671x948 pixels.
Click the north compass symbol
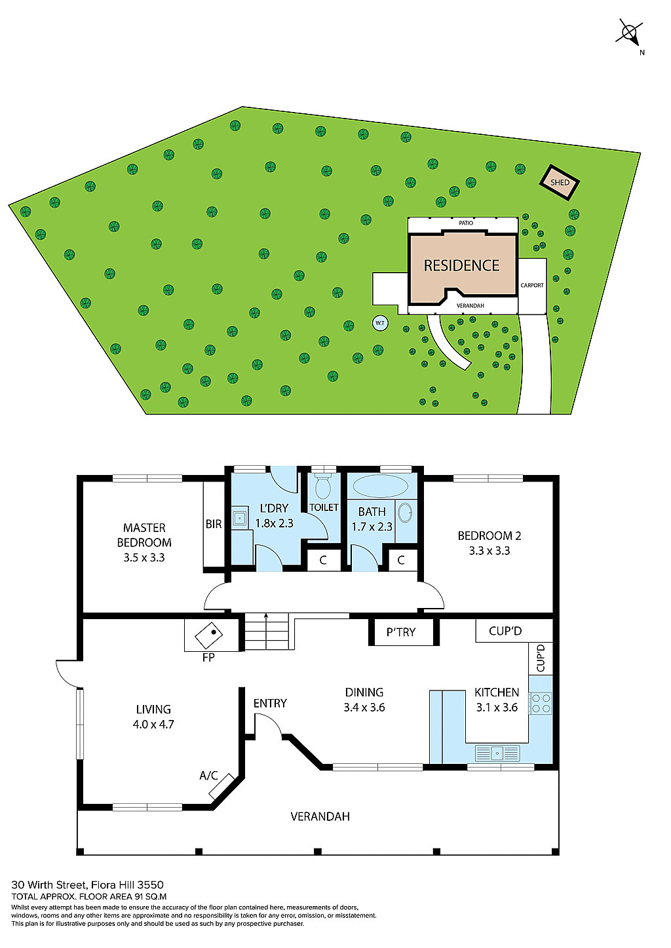click(x=630, y=32)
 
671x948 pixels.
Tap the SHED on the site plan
click(x=560, y=182)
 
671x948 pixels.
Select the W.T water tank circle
click(x=379, y=323)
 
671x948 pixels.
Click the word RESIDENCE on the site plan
click(x=461, y=265)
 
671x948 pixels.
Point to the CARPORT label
click(x=532, y=285)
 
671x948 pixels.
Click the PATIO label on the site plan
click(x=466, y=223)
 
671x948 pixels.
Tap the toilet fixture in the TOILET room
click(x=322, y=486)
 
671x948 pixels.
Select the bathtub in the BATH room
click(x=380, y=486)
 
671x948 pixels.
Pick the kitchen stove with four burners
click(x=541, y=703)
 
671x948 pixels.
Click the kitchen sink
click(x=497, y=753)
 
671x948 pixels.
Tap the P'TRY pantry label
click(x=401, y=632)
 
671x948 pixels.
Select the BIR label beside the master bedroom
click(x=214, y=524)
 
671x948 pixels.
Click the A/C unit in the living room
click(x=221, y=786)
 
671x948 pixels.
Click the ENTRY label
click(x=270, y=703)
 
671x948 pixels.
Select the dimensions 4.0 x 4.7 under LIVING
click(x=153, y=725)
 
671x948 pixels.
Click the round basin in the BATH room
click(x=406, y=512)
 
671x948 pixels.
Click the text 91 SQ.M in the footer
click(x=151, y=896)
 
